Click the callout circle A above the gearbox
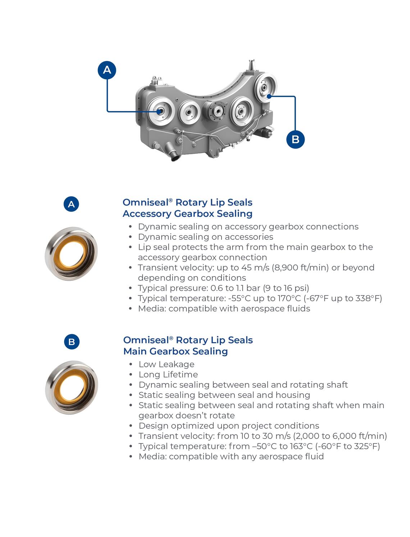click(x=107, y=70)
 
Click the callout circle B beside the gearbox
click(x=295, y=139)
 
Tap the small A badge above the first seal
click(x=71, y=204)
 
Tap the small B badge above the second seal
click(x=72, y=341)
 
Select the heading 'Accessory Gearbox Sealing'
click(x=187, y=214)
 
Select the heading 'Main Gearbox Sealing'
click(x=176, y=351)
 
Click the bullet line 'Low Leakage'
click(x=167, y=364)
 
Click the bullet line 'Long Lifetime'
click(x=168, y=375)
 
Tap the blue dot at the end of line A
click(x=160, y=111)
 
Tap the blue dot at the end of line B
click(x=269, y=96)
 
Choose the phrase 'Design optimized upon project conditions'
click(x=229, y=426)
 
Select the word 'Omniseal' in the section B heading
click(x=146, y=340)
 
